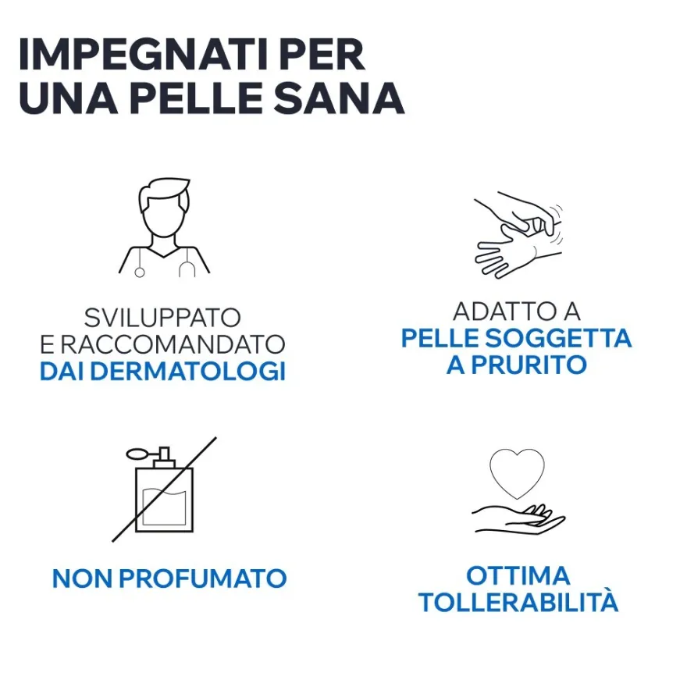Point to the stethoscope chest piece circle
[x=139, y=272]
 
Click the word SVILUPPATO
[x=162, y=318]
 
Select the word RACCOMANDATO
[x=173, y=344]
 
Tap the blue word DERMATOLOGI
[x=187, y=371]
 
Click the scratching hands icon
[x=518, y=234]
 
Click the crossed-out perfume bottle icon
[x=164, y=489]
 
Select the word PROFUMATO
[x=203, y=578]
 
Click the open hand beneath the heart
[x=519, y=520]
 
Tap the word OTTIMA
[x=518, y=575]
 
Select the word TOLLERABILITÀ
[x=518, y=603]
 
